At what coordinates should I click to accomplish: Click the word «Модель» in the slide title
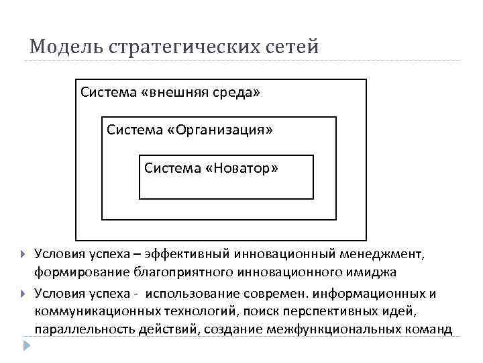coord(64,48)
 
